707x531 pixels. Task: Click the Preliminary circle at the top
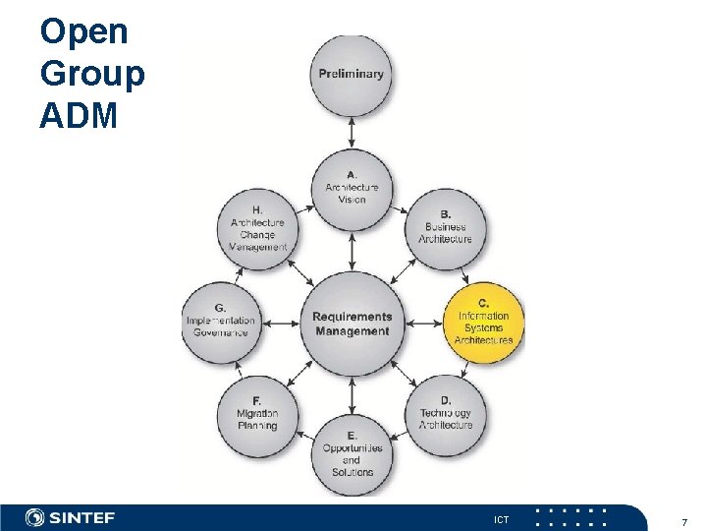[x=352, y=75]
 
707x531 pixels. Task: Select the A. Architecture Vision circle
[x=352, y=187]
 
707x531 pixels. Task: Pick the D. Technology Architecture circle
[x=446, y=413]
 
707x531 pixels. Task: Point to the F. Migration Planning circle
[x=257, y=413]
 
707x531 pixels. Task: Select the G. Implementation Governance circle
[x=221, y=322]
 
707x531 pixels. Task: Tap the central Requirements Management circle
[x=352, y=324]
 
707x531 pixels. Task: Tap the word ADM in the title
[x=79, y=116]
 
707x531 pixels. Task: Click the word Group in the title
[x=91, y=74]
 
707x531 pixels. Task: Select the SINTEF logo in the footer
[x=71, y=517]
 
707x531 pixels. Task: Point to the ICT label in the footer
[x=501, y=518]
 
